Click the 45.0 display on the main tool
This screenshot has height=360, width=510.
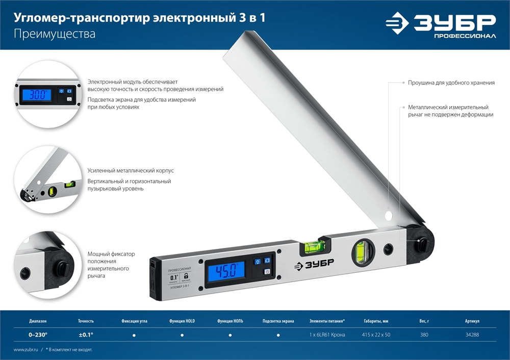(x=225, y=270)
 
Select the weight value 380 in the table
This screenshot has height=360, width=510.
(x=424, y=335)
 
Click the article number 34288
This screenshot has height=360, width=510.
(x=472, y=335)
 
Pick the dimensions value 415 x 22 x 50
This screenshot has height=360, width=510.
(x=376, y=335)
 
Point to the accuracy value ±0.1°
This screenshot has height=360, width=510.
(x=86, y=335)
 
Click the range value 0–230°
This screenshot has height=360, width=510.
(x=38, y=335)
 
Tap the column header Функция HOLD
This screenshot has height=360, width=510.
(x=182, y=321)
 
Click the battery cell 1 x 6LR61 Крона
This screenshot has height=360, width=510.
(x=327, y=335)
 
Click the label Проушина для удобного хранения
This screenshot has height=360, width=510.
(x=443, y=82)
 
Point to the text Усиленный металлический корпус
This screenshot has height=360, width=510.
(x=127, y=171)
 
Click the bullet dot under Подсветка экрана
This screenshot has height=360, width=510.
(x=278, y=336)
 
